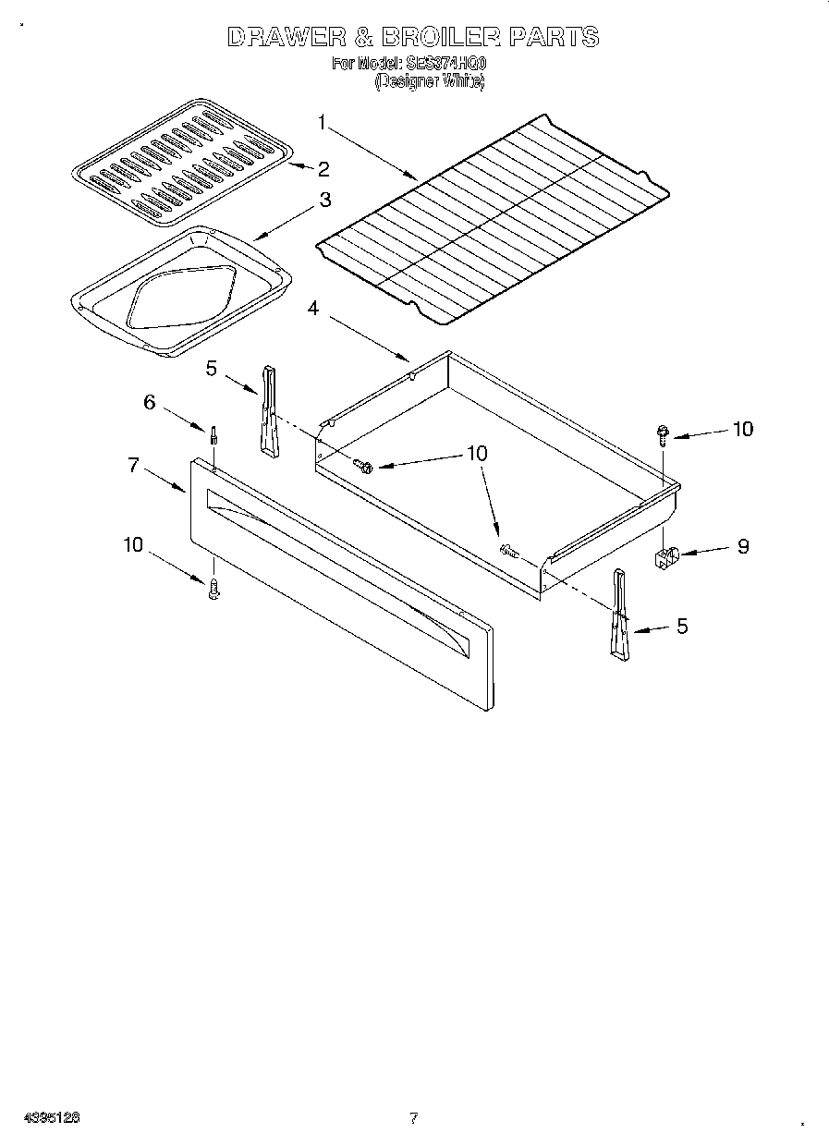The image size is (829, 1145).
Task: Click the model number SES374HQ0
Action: click(446, 65)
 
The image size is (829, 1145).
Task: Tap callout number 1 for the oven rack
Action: click(322, 121)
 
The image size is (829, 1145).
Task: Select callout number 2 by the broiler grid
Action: click(323, 168)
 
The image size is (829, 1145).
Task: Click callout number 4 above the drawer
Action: click(313, 309)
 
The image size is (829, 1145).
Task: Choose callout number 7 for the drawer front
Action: click(134, 465)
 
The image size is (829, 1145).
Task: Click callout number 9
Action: click(743, 546)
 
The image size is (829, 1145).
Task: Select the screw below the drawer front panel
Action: click(213, 589)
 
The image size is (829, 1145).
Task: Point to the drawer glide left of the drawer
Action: click(268, 410)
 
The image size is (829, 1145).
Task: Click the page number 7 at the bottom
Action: click(414, 1118)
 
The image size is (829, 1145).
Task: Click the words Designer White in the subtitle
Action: click(429, 81)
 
